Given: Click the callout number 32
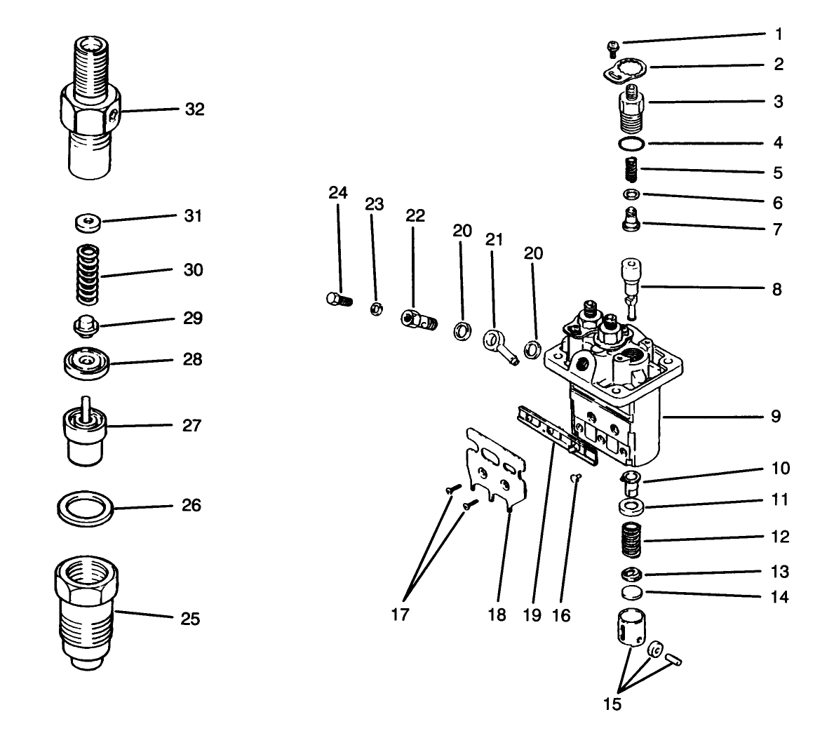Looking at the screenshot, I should click(194, 109).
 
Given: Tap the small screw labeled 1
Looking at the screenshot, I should click(612, 48).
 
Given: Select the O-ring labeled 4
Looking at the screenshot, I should click(632, 144).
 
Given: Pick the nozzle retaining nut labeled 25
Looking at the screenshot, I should click(84, 614).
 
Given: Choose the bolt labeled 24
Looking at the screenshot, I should click(337, 300).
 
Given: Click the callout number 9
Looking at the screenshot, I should click(776, 416).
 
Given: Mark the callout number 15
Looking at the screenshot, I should click(612, 704).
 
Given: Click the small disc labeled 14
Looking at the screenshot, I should click(632, 594).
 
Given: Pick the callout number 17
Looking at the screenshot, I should click(400, 615).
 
